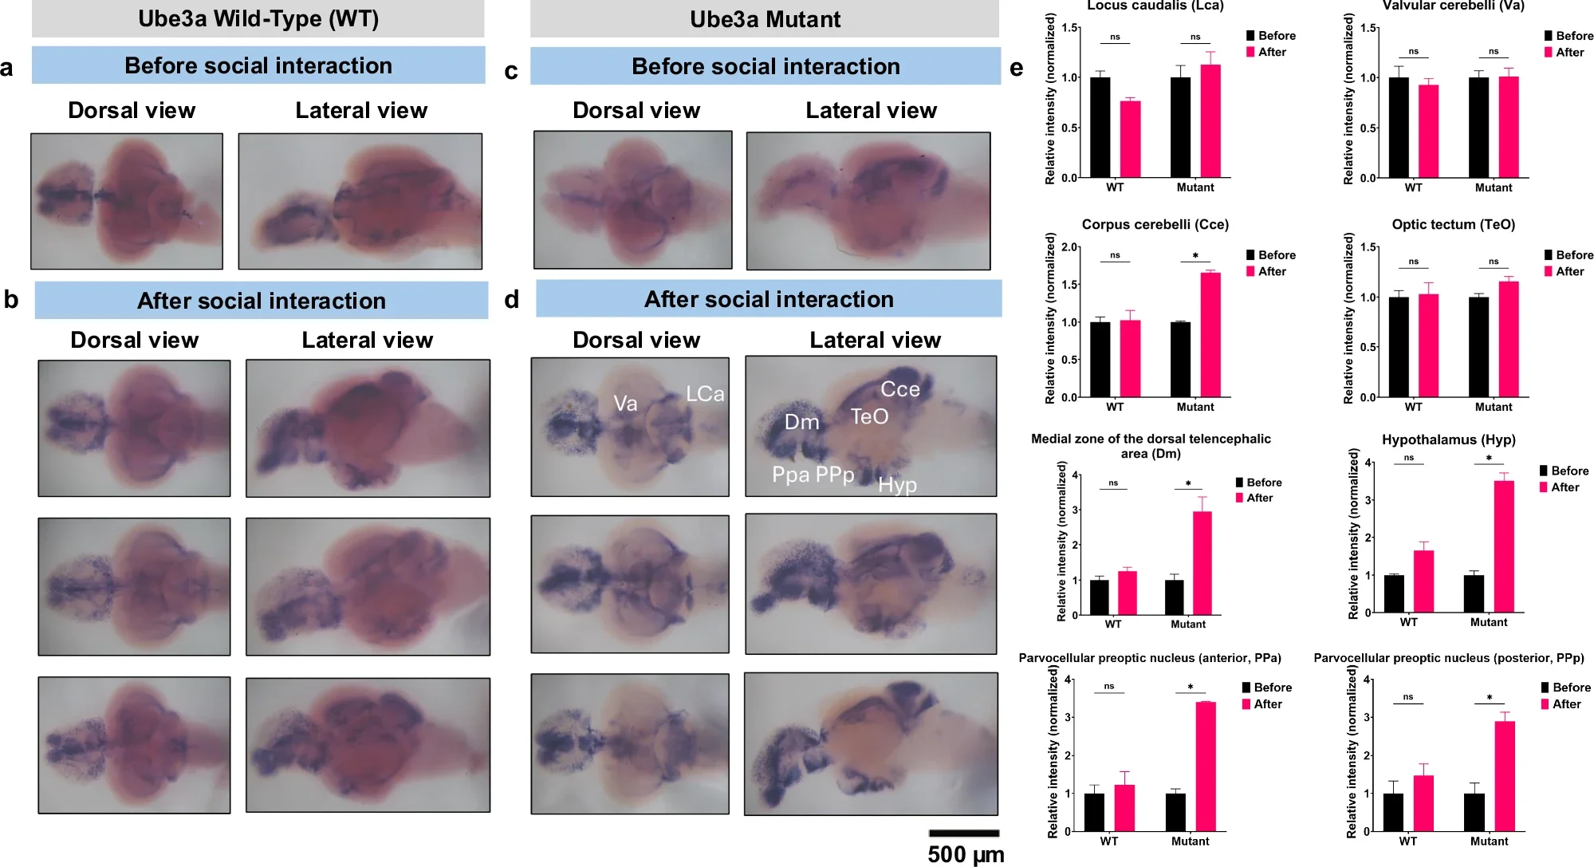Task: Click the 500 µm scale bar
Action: coord(963,834)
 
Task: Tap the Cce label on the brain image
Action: coord(899,389)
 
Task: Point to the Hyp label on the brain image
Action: coord(897,485)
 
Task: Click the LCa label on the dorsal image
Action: coord(705,394)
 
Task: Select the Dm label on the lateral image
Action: coord(801,422)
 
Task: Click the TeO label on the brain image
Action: coord(869,416)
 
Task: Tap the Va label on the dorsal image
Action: coord(625,404)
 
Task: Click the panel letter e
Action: coord(1016,69)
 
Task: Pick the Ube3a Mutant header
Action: coord(764,19)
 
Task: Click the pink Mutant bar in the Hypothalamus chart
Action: coord(1504,546)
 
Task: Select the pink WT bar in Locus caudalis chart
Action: coord(1130,139)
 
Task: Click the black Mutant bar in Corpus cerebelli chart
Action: coord(1180,359)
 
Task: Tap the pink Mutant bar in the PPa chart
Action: coord(1206,767)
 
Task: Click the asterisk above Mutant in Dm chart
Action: coord(1188,483)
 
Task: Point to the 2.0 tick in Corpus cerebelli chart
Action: coord(1070,247)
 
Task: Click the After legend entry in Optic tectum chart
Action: coord(1568,271)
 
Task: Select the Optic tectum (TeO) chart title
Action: coord(1453,224)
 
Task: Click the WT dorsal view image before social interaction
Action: coord(127,201)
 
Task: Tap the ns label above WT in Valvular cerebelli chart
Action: coord(1413,51)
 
